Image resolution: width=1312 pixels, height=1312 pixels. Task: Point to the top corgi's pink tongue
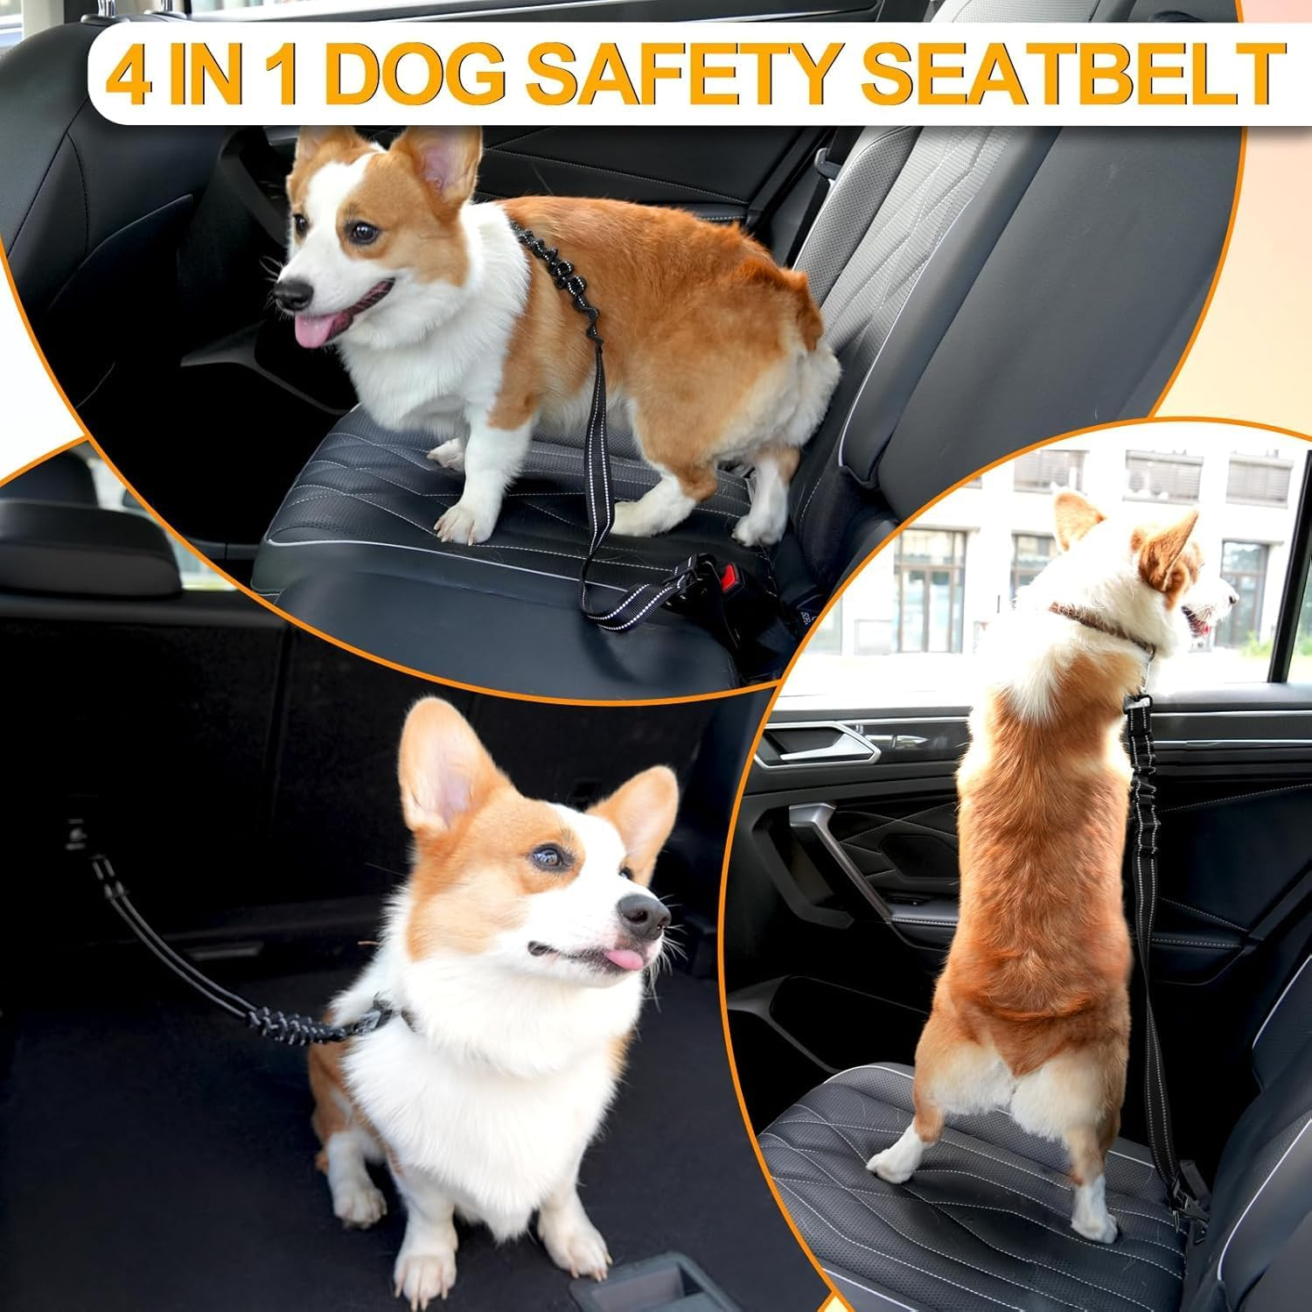pyautogui.click(x=311, y=331)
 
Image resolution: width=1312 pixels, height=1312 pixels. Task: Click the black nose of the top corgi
pyautogui.click(x=291, y=292)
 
